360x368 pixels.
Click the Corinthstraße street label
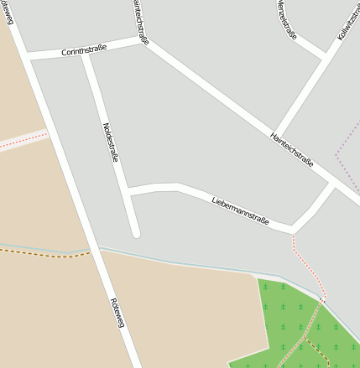[84, 51]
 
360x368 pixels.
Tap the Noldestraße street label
[111, 143]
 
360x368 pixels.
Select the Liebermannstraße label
[240, 211]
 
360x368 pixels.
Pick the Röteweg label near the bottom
[117, 312]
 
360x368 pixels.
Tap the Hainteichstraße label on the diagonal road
[292, 148]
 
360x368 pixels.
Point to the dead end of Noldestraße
[135, 231]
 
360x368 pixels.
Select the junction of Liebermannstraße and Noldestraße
[128, 191]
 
